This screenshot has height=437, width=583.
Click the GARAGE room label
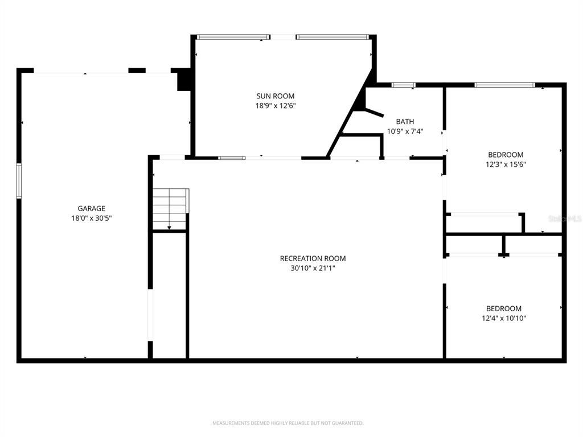tap(91, 208)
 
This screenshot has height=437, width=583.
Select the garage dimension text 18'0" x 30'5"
tap(91, 218)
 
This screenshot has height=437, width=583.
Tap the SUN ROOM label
tap(276, 96)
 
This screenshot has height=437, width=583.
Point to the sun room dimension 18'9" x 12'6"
tap(276, 106)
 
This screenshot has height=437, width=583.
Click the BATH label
tap(405, 121)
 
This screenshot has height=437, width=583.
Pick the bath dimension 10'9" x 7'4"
tap(405, 131)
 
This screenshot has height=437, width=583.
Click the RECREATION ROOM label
tap(313, 258)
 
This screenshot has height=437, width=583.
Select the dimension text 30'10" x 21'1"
tap(313, 268)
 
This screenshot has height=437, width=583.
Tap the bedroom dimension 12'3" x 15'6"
tap(506, 164)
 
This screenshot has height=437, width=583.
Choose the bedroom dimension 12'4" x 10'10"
tap(504, 319)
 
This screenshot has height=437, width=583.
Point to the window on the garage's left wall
tap(19, 181)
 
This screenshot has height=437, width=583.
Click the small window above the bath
tap(403, 85)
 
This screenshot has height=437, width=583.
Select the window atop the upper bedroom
tap(504, 85)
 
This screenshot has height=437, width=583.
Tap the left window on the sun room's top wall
tap(233, 38)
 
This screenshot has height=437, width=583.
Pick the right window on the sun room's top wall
tap(332, 38)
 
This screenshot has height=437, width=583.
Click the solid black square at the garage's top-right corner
tap(183, 80)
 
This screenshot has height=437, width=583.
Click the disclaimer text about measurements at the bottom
tap(288, 423)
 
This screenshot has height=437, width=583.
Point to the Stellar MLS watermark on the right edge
tap(566, 218)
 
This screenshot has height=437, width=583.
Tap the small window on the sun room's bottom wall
tap(232, 158)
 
